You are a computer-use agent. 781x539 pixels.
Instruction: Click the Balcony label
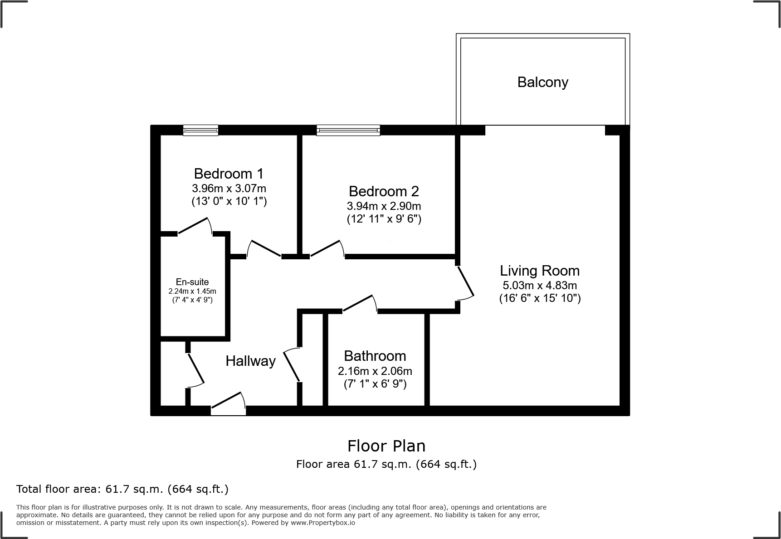(542, 82)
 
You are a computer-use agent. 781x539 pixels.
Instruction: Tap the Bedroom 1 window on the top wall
(200, 131)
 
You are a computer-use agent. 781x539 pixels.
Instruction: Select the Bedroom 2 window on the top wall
(348, 131)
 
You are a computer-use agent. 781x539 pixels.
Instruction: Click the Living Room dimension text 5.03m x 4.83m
(540, 285)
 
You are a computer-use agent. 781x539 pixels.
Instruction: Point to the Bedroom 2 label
(384, 191)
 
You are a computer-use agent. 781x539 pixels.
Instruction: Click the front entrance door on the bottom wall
(229, 403)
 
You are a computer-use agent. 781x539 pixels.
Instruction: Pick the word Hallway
(251, 361)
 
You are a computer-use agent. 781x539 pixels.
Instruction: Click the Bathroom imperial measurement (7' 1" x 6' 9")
(375, 384)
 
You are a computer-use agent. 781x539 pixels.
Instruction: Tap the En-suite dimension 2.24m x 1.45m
(192, 291)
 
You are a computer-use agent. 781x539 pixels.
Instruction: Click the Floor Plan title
(386, 446)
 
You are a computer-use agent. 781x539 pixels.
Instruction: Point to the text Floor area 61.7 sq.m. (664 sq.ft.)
(386, 464)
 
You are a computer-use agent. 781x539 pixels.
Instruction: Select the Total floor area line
(122, 489)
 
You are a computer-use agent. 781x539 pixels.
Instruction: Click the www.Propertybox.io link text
(323, 523)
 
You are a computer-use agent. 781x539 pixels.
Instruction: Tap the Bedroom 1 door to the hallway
(264, 249)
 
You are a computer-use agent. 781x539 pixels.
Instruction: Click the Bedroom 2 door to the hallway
(327, 249)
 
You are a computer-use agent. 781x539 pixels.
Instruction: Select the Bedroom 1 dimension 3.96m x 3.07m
(229, 188)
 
